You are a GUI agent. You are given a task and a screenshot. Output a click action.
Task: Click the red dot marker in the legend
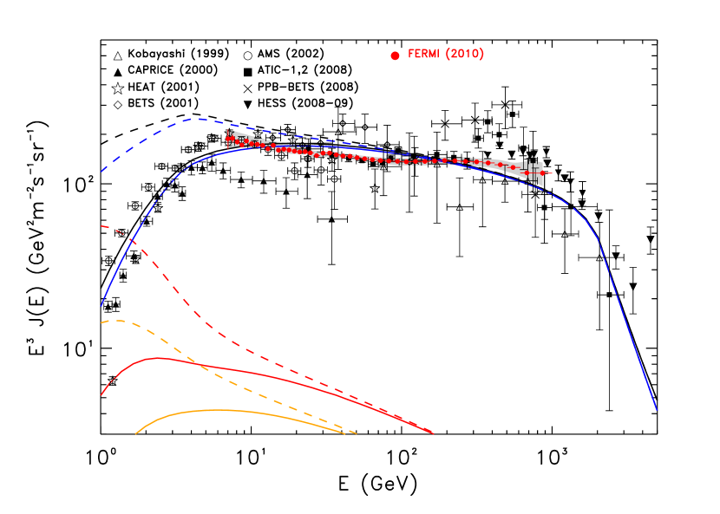(395, 55)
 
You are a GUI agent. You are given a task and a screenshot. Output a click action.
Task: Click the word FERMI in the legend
(424, 55)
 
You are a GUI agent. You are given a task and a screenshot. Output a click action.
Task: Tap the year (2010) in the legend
(465, 55)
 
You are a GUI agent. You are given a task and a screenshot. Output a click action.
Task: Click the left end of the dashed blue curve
(101, 172)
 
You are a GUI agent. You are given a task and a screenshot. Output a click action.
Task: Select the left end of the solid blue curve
(101, 306)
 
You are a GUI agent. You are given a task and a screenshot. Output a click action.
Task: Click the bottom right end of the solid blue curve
(657, 410)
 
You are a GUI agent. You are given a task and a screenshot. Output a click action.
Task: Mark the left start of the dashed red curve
(101, 226)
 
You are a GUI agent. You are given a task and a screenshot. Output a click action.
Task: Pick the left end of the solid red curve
(101, 395)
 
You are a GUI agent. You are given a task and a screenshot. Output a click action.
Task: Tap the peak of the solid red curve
(158, 357)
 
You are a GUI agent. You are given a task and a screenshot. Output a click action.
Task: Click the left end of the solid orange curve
(136, 433)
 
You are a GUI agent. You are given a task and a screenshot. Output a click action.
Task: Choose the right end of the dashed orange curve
(357, 433)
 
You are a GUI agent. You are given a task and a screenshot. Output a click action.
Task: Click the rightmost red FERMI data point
(542, 173)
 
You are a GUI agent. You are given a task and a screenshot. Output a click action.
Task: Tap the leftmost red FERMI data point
(229, 139)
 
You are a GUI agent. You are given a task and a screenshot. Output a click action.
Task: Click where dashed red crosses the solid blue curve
(131, 239)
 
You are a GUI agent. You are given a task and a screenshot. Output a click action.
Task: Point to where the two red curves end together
(432, 433)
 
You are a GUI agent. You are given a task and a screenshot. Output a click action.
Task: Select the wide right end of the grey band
(540, 173)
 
